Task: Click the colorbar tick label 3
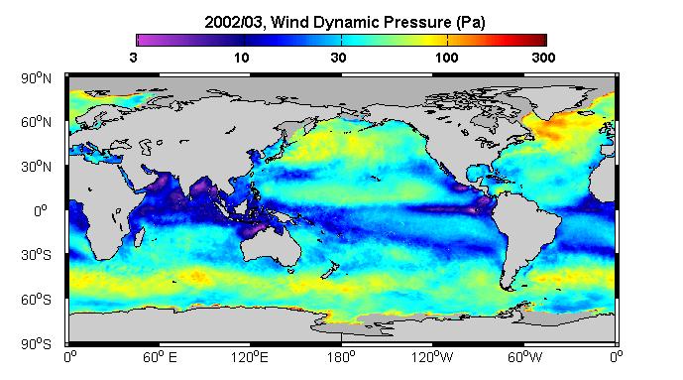pyautogui.click(x=133, y=58)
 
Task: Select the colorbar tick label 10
pyautogui.click(x=241, y=58)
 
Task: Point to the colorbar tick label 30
pyautogui.click(x=338, y=58)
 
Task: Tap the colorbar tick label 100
pyautogui.click(x=446, y=58)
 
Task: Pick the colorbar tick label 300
pyautogui.click(x=543, y=58)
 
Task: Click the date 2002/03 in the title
pyautogui.click(x=234, y=22)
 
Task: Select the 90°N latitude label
pyautogui.click(x=36, y=78)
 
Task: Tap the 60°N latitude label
pyautogui.click(x=36, y=122)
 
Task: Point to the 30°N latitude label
pyautogui.click(x=36, y=167)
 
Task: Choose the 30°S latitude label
pyautogui.click(x=36, y=255)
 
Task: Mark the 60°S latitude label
pyautogui.click(x=36, y=300)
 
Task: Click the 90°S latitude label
pyautogui.click(x=36, y=344)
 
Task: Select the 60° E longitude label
pyautogui.click(x=160, y=358)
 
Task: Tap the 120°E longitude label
pyautogui.click(x=250, y=358)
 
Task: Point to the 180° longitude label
pyautogui.click(x=341, y=358)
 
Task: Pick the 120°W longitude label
pyautogui.click(x=432, y=358)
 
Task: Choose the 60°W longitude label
pyautogui.click(x=524, y=358)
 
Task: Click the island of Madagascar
pyautogui.click(x=139, y=236)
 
